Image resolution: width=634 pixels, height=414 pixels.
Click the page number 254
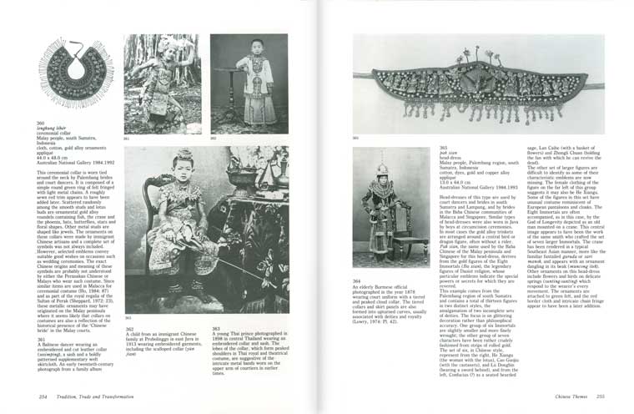point(42,396)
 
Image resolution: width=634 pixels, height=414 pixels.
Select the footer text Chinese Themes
point(566,396)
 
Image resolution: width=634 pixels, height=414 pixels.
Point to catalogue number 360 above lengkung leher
point(39,124)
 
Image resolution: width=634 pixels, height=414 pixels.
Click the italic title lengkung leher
point(51,128)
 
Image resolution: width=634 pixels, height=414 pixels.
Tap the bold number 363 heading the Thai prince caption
point(216,328)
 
